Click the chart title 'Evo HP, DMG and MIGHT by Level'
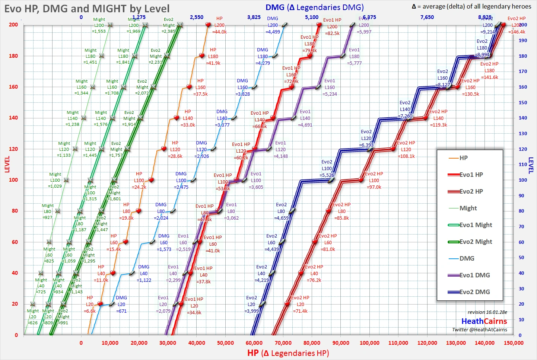87,9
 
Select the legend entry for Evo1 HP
471,175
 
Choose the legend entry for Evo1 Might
475,225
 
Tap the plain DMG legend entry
466,258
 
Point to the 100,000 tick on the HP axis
369,343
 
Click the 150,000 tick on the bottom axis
513,343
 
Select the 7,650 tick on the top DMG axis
427,17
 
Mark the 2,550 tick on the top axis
197,17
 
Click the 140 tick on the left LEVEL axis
13,118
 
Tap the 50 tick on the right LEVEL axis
523,258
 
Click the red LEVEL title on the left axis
7,164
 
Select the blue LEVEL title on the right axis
531,166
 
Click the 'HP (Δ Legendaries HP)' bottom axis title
288,353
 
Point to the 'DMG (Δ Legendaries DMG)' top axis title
314,7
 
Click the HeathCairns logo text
484,321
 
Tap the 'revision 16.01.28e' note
487,312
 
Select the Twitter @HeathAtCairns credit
479,329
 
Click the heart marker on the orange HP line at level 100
151,180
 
